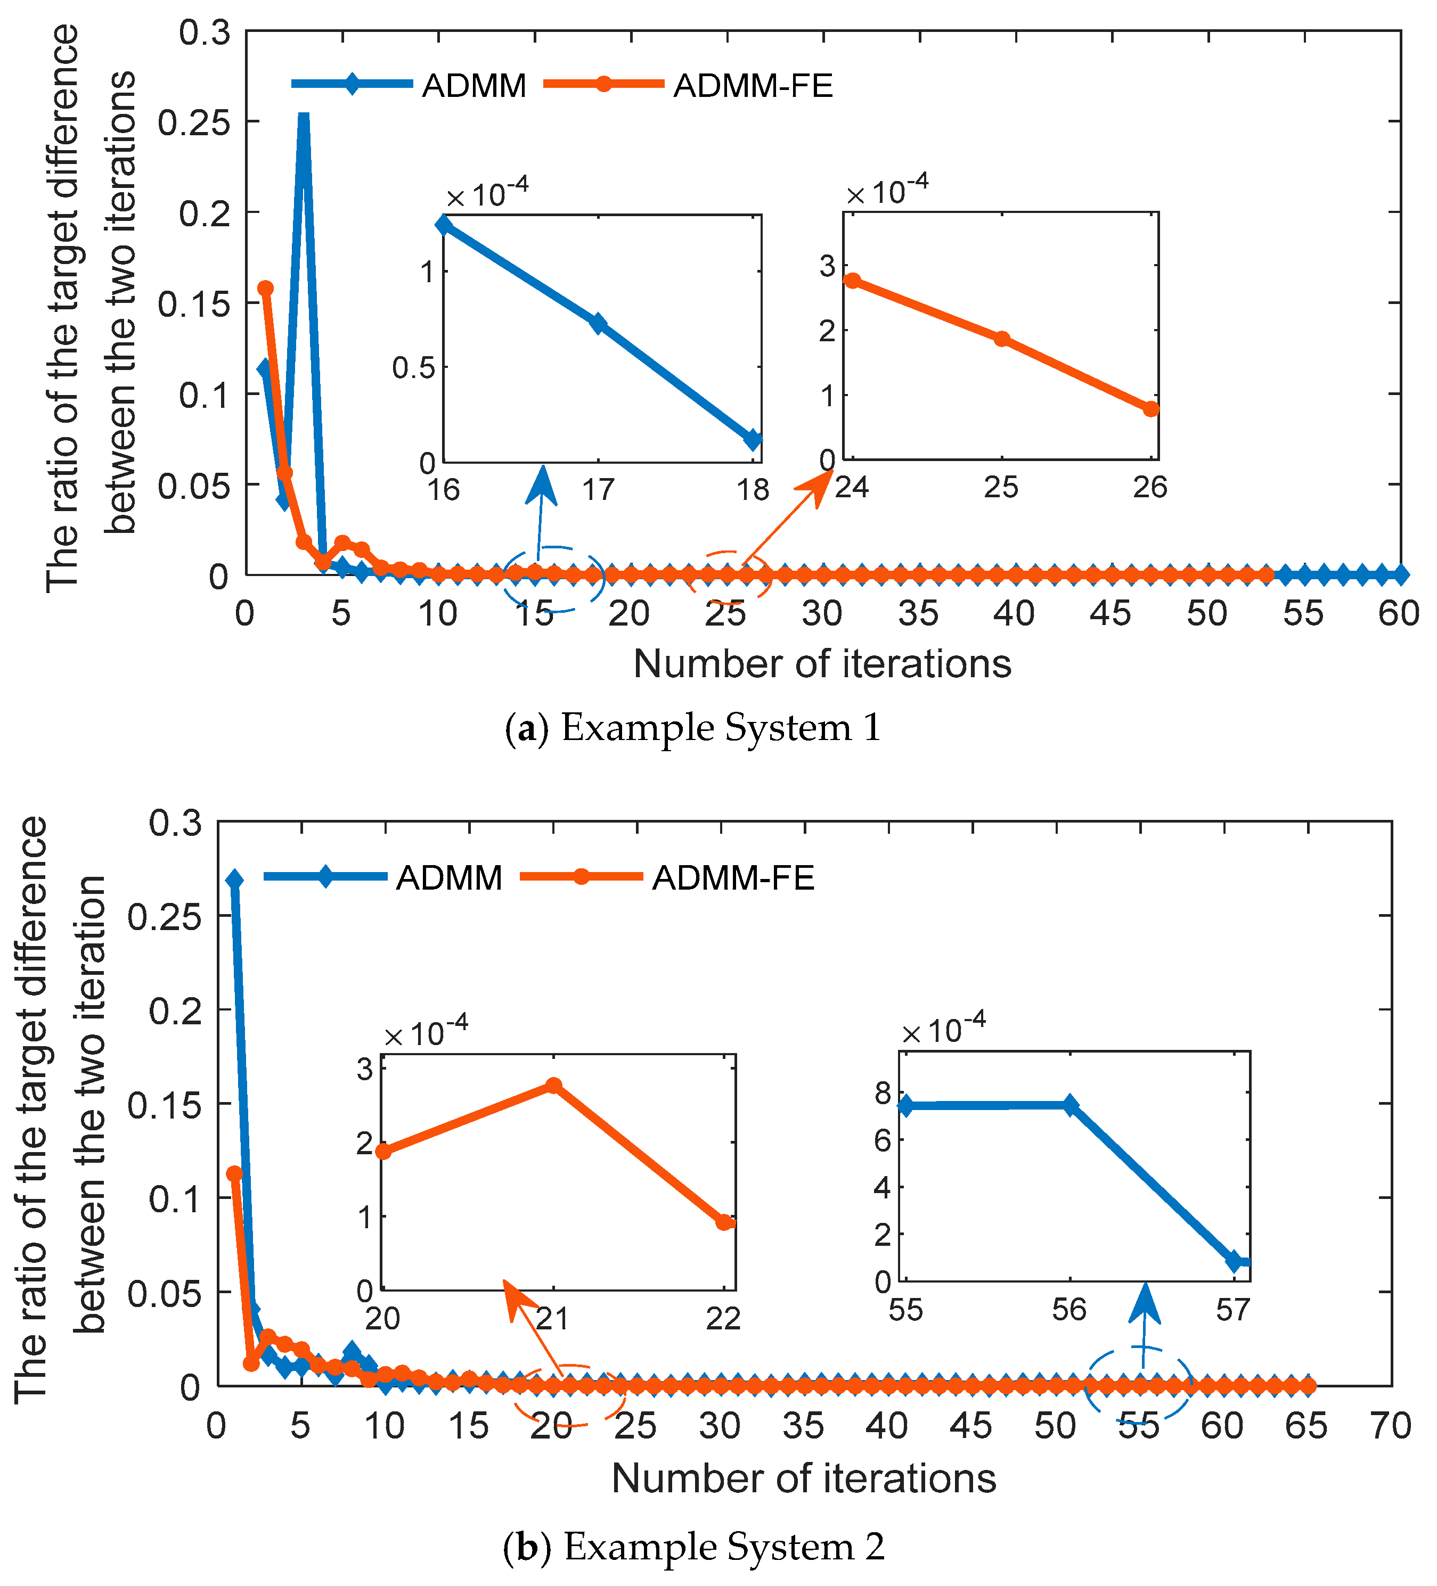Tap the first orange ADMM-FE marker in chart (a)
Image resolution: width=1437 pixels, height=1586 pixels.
tap(266, 289)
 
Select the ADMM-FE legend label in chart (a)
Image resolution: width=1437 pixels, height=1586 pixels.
tap(753, 86)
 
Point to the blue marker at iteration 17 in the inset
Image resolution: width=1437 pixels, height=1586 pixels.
tap(599, 323)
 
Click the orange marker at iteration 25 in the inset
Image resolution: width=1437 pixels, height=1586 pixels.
tap(1001, 339)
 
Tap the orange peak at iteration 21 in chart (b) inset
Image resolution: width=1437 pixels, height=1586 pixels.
tap(553, 1086)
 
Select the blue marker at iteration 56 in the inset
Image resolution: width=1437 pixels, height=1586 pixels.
tap(1070, 1105)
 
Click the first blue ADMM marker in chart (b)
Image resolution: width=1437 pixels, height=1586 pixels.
tap(234, 881)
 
